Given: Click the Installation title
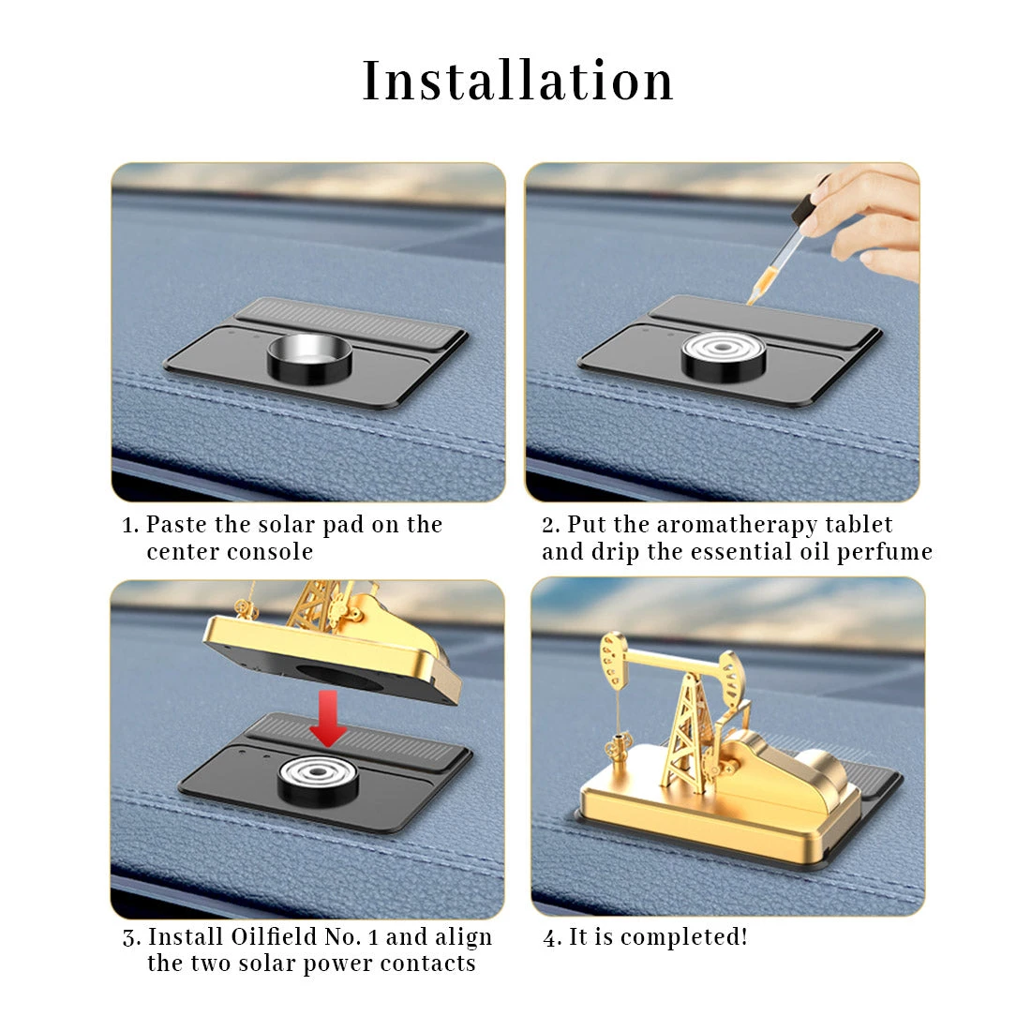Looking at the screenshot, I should [x=517, y=81].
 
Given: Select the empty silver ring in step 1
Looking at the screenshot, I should [x=310, y=356].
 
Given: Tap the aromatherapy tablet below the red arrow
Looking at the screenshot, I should [x=320, y=778].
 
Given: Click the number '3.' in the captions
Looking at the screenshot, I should [x=132, y=937].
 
